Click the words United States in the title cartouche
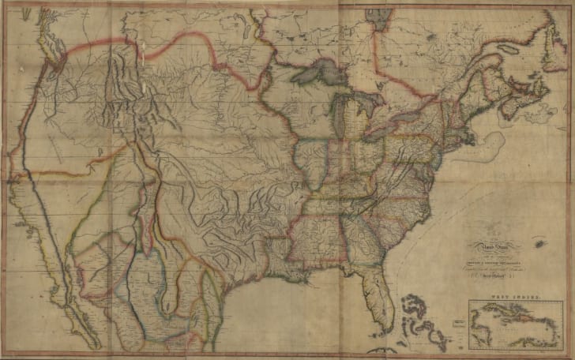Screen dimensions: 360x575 coord(481,247)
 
